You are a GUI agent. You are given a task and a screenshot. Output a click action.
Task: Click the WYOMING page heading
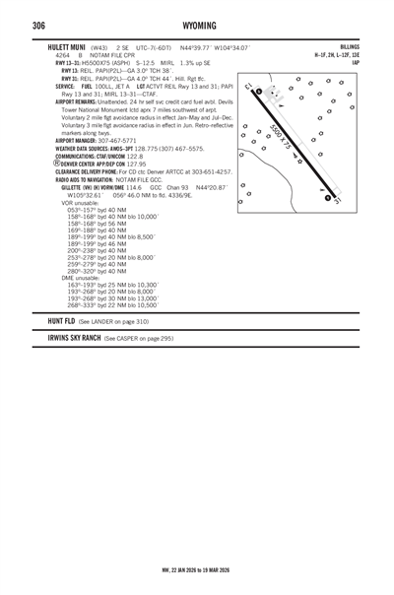pos(197,24)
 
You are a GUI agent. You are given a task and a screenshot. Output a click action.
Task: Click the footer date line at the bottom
pos(197,568)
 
